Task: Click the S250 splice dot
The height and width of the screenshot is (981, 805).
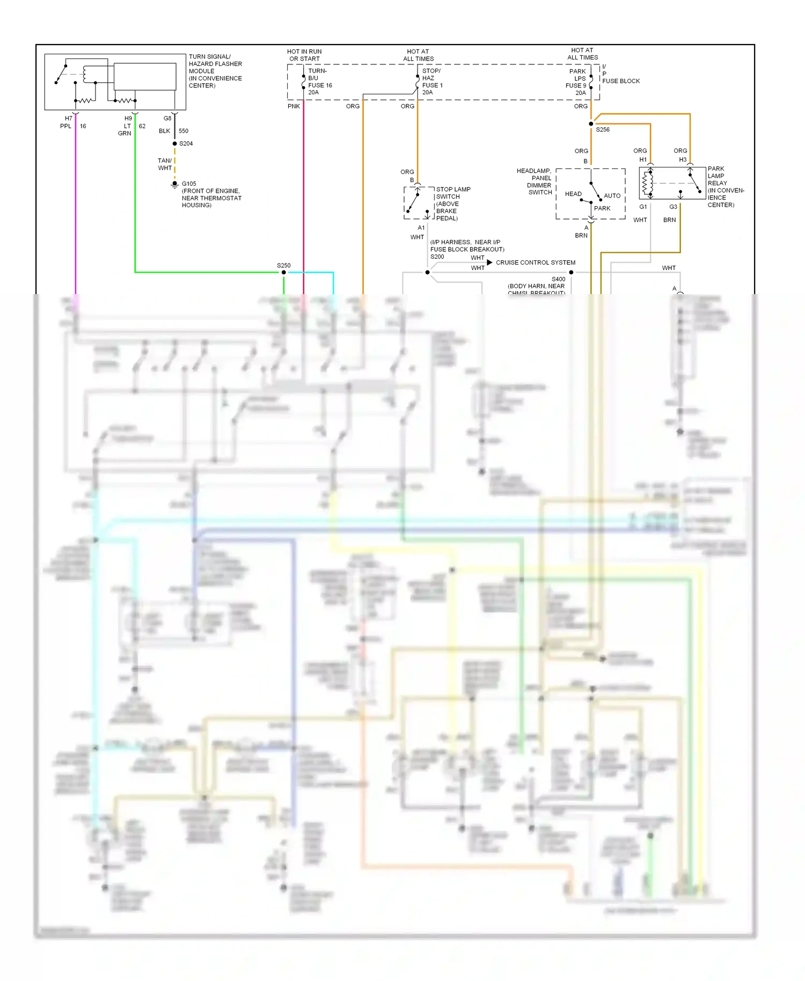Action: (284, 273)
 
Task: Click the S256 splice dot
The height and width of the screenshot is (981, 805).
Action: (591, 124)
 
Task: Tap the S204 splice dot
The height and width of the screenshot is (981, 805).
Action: (174, 144)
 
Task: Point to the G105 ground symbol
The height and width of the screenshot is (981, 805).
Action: (174, 185)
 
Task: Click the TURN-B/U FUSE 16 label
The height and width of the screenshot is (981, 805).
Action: (320, 82)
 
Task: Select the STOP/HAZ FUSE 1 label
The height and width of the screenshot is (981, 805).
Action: (432, 82)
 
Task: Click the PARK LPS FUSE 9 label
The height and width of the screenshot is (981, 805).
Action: (576, 82)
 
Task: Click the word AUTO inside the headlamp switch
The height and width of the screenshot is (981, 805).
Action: (612, 196)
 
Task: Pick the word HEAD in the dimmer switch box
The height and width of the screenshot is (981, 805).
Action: (573, 194)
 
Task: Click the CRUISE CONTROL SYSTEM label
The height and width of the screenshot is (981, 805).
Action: (535, 263)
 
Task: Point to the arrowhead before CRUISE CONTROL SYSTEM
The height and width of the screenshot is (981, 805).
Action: (489, 262)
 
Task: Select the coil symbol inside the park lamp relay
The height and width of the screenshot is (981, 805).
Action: (648, 182)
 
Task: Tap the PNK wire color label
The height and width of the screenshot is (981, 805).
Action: (294, 106)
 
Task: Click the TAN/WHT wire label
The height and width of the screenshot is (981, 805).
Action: (165, 164)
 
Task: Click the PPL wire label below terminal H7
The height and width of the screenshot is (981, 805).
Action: (65, 126)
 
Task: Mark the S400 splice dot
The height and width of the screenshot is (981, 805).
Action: (571, 273)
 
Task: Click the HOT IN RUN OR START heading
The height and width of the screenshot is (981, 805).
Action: (304, 55)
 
